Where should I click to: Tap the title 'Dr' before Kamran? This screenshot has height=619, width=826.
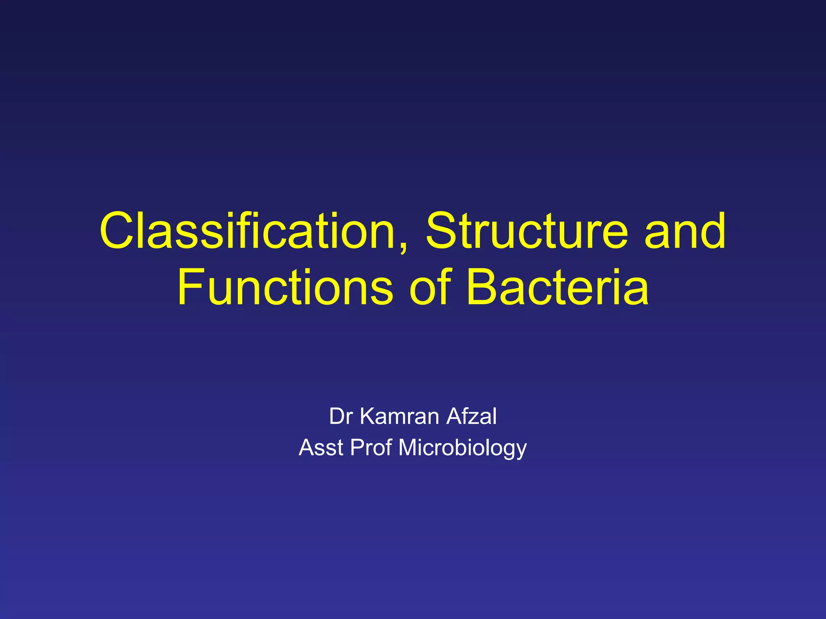pyautogui.click(x=341, y=416)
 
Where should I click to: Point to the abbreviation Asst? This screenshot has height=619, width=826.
pyautogui.click(x=321, y=448)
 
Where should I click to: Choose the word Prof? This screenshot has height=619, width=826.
pyautogui.click(x=371, y=448)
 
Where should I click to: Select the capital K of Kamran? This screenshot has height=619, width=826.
pyautogui.click(x=367, y=416)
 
